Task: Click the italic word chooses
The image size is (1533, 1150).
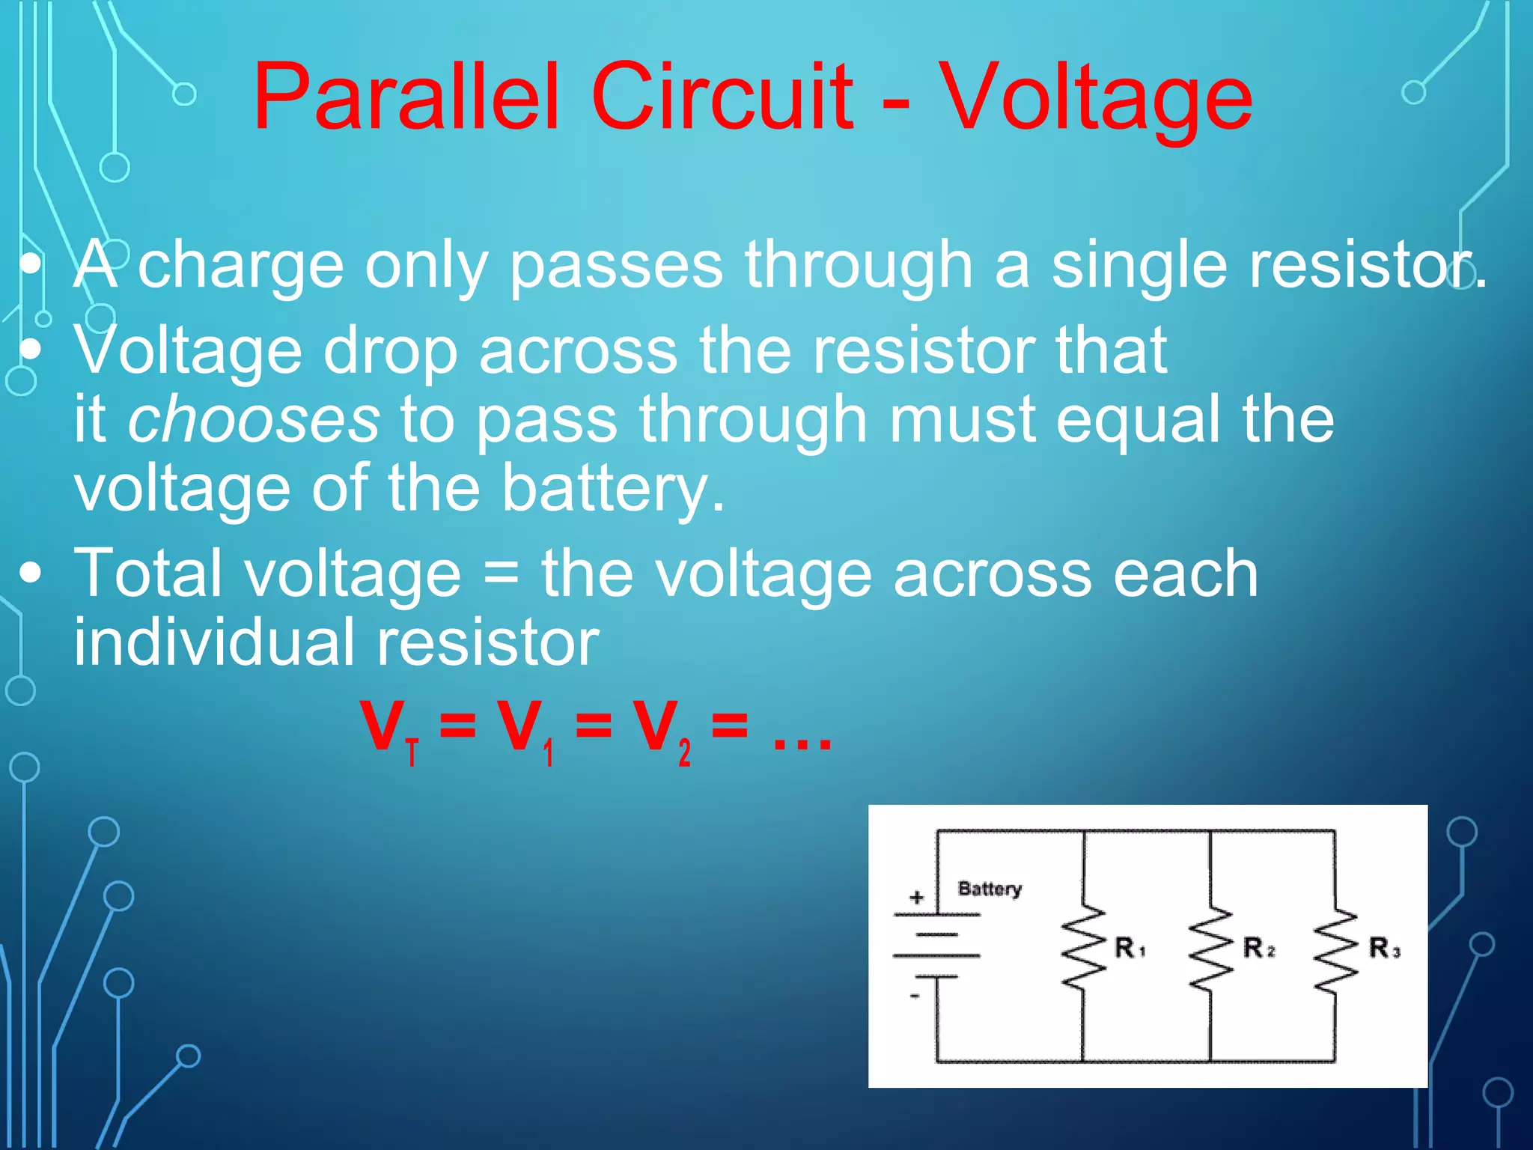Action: pos(254,419)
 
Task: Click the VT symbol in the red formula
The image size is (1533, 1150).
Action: pos(389,729)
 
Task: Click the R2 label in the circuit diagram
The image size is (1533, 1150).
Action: pos(1258,948)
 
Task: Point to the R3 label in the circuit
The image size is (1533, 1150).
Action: pos(1384,948)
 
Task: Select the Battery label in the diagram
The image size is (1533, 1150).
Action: pos(990,889)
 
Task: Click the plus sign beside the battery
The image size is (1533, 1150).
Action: pos(917,897)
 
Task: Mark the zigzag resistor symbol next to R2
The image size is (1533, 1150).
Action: pos(1210,949)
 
